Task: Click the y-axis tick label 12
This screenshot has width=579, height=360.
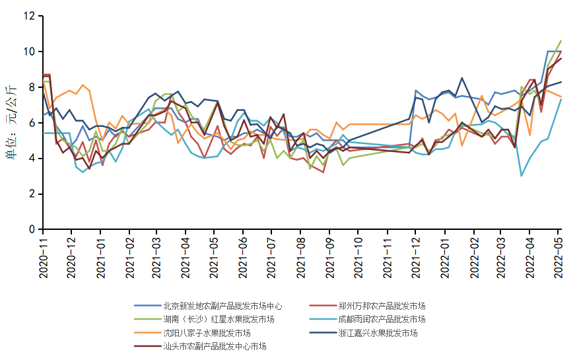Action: coord(30,16)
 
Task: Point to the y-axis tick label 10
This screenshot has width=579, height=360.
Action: coord(30,52)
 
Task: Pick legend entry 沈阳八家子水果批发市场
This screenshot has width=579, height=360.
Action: coord(207,333)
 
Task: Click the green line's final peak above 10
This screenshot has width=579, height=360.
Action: coord(561,40)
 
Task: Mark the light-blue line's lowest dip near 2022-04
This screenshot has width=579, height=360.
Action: coord(522,176)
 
